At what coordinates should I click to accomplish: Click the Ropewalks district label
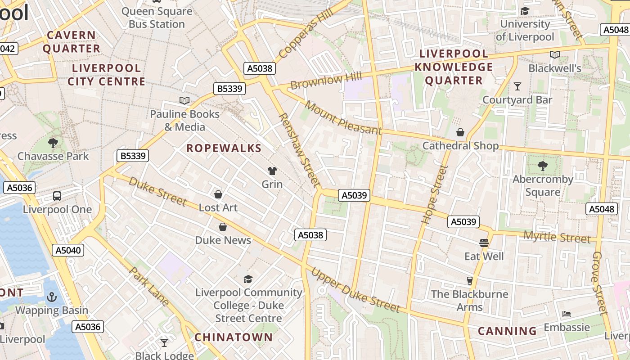pyautogui.click(x=224, y=148)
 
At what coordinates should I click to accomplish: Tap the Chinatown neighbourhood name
pyautogui.click(x=234, y=337)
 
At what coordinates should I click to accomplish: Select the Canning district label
pyautogui.click(x=507, y=331)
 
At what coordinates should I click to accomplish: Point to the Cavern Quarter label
pyautogui.click(x=71, y=41)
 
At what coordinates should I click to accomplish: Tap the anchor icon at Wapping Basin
pyautogui.click(x=52, y=297)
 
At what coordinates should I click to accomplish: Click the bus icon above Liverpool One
pyautogui.click(x=57, y=196)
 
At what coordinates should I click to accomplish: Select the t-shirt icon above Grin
pyautogui.click(x=272, y=171)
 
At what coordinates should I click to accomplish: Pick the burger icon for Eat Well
pyautogui.click(x=484, y=243)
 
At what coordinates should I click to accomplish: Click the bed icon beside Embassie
pyautogui.click(x=567, y=314)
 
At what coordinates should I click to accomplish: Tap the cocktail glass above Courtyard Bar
pyautogui.click(x=517, y=86)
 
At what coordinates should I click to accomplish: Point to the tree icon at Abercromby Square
pyautogui.click(x=543, y=166)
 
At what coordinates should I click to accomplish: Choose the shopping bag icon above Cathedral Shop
pyautogui.click(x=460, y=132)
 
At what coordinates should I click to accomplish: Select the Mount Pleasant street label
pyautogui.click(x=343, y=118)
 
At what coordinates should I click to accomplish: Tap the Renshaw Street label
pyautogui.click(x=299, y=150)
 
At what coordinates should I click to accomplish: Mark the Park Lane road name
pyautogui.click(x=149, y=286)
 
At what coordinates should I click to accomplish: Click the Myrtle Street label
pyautogui.click(x=557, y=237)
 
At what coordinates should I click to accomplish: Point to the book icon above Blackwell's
pyautogui.click(x=555, y=54)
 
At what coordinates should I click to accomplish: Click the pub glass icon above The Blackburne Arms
pyautogui.click(x=470, y=280)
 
